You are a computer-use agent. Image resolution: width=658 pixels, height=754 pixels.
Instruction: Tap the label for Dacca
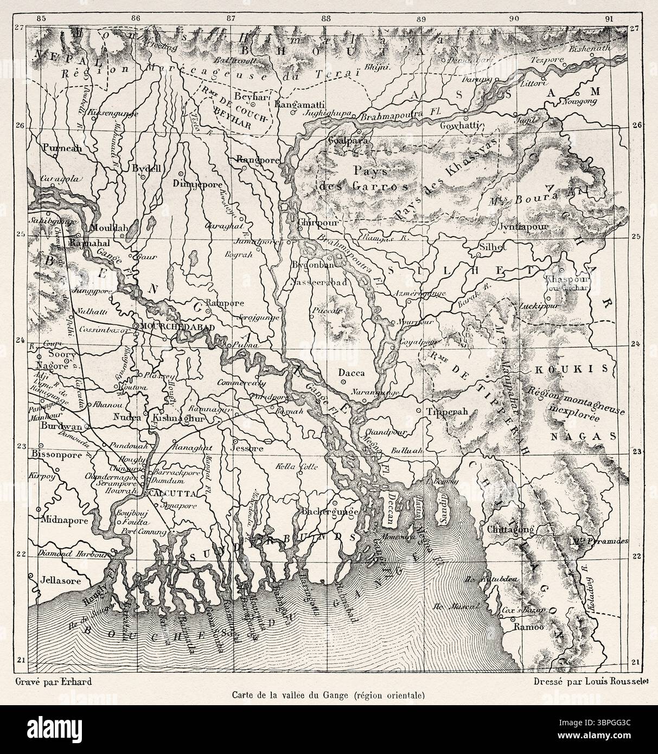(x=351, y=373)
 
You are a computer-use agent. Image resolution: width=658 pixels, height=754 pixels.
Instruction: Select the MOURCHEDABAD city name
(x=171, y=327)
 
